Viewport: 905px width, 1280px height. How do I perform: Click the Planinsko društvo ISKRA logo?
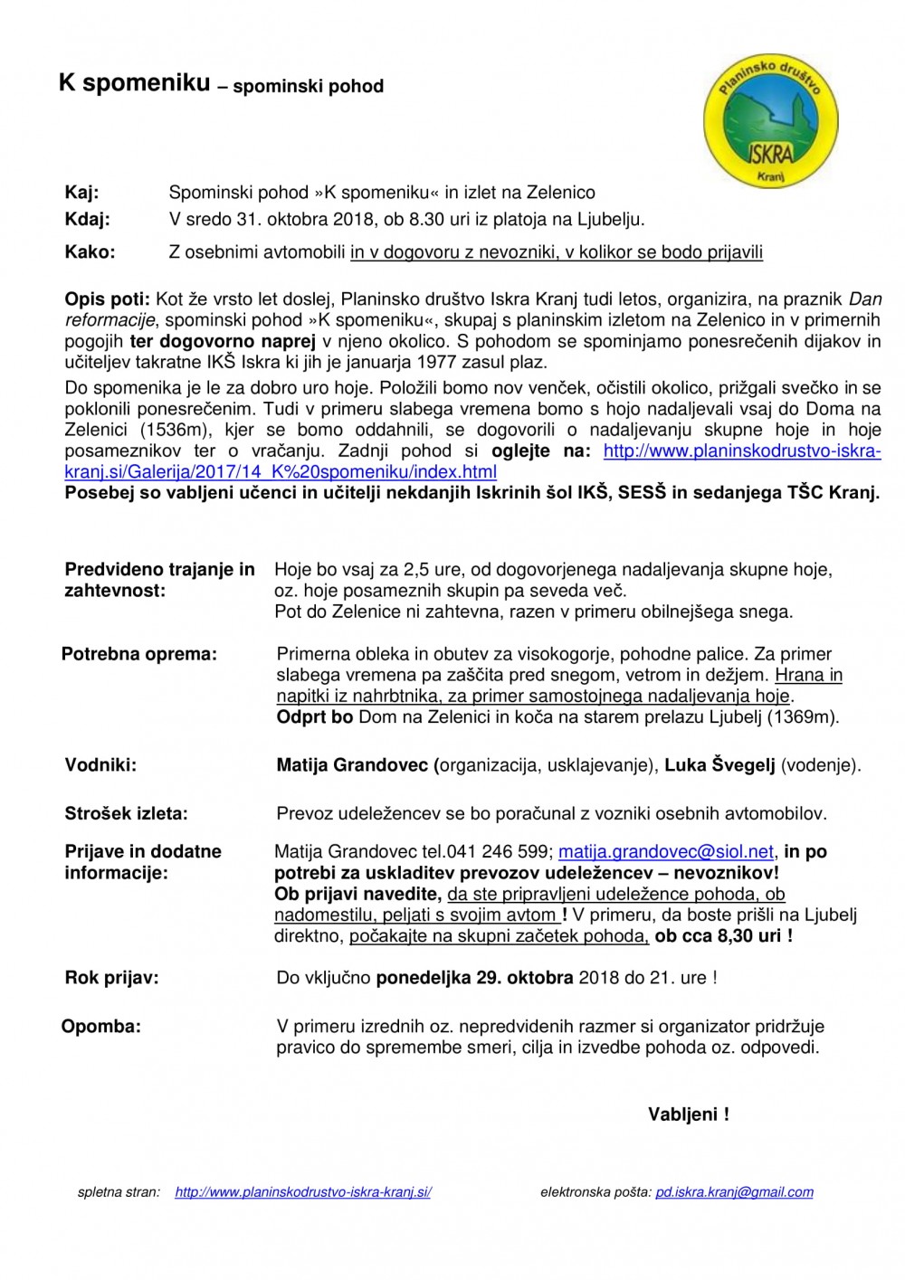(770, 121)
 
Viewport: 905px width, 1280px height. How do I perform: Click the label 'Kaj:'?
(81, 193)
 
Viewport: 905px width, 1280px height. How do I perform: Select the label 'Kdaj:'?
(87, 219)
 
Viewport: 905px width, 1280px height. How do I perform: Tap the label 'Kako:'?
(90, 252)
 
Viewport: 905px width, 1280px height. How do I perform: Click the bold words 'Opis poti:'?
(107, 299)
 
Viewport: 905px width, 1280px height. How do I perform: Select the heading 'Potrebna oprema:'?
(139, 654)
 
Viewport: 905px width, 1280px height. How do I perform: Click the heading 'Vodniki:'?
(100, 765)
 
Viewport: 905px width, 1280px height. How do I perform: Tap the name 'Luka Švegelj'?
(719, 765)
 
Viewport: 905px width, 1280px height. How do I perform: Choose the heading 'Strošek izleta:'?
(126, 814)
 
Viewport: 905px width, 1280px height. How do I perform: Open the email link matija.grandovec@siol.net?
(666, 852)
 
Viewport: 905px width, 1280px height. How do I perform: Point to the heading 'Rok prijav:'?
(111, 978)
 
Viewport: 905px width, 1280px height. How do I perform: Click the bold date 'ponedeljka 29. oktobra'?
(474, 978)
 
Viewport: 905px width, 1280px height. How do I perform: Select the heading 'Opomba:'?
(101, 1027)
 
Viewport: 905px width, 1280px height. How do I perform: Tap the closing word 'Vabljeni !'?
(688, 1114)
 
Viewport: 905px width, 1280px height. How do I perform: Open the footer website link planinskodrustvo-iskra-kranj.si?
(303, 1192)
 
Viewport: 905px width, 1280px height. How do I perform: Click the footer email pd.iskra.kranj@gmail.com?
(734, 1192)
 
